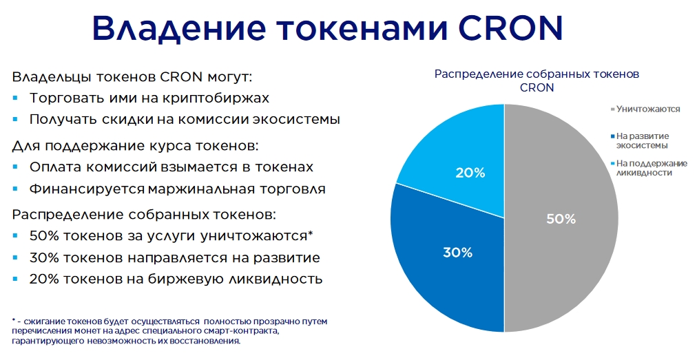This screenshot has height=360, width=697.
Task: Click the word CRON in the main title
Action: pos(510,28)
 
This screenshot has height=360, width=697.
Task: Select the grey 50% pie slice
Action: pos(561,218)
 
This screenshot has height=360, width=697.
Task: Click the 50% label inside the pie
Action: pos(561,219)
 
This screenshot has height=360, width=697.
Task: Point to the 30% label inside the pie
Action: pos(457,253)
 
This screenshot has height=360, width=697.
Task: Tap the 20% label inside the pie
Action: pos(470,173)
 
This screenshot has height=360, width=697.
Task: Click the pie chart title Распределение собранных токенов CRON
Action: pos(537,81)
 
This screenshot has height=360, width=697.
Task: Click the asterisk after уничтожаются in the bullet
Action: pos(310,233)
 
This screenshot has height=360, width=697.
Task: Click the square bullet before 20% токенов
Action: pos(16,279)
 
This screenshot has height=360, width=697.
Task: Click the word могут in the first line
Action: pos(229,77)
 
